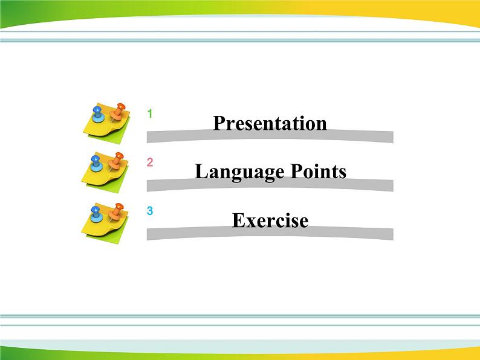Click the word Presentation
pos(270,123)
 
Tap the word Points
pos(319,172)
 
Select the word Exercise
pos(270,220)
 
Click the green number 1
pos(150,114)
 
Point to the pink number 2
pos(150,162)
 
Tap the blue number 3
pos(150,211)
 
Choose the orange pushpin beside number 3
pos(116,210)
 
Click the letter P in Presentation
pos(219,123)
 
